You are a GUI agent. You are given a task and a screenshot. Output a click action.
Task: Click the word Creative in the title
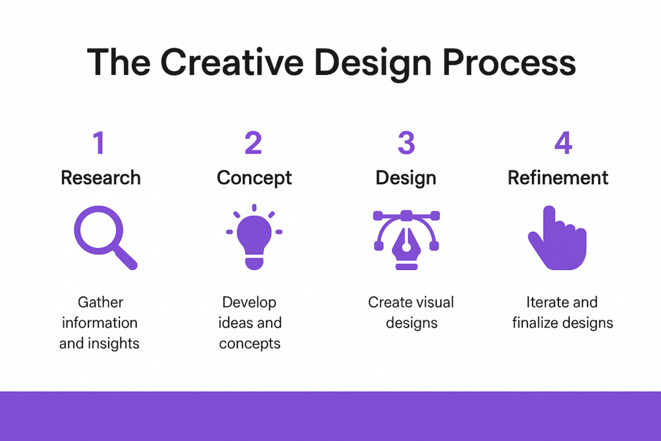[232, 63]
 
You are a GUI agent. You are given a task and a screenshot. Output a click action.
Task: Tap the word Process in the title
[509, 63]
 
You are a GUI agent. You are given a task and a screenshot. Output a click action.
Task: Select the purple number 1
[99, 143]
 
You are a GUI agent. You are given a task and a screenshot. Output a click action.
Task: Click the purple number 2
[253, 143]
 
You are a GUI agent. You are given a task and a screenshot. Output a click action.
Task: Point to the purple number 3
[407, 143]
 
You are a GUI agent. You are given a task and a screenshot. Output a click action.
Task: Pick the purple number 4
[563, 143]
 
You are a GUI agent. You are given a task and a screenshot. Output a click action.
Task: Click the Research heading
[101, 178]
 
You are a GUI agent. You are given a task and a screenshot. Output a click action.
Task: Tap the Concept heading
[254, 178]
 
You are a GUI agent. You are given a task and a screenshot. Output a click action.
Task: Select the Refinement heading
[558, 178]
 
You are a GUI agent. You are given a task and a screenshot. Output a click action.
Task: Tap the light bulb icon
[254, 236]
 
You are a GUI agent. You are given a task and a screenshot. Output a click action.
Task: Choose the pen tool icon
[407, 240]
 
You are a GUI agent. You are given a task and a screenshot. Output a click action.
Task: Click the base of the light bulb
[254, 263]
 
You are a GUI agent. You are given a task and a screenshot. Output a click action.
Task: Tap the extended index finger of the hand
[549, 220]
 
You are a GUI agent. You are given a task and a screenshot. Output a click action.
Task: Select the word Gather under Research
[101, 302]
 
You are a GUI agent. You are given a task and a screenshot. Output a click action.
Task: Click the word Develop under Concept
[249, 303]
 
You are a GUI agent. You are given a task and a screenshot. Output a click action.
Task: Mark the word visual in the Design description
[434, 302]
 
